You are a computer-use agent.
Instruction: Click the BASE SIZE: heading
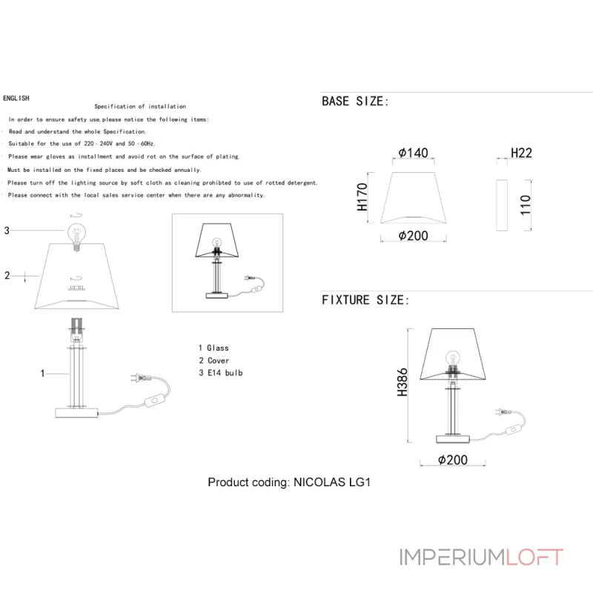(355, 102)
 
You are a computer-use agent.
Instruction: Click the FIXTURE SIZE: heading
(365, 300)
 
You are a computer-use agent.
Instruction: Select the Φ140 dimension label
(413, 153)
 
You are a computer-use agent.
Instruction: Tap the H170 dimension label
(362, 197)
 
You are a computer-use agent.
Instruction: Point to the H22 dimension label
(522, 153)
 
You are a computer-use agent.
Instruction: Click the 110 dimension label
(526, 205)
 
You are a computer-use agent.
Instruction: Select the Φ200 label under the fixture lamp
(452, 460)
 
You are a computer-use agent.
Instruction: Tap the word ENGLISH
(16, 98)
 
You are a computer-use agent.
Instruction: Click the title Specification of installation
(140, 107)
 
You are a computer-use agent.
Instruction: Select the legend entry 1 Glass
(213, 348)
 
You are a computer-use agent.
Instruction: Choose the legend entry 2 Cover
(213, 360)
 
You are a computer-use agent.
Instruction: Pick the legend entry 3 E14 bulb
(220, 373)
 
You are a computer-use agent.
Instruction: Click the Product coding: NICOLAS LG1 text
(288, 482)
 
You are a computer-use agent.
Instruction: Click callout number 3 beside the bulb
(7, 231)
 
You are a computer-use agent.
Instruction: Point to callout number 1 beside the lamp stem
(43, 374)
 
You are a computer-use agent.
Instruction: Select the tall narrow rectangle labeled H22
(502, 205)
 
